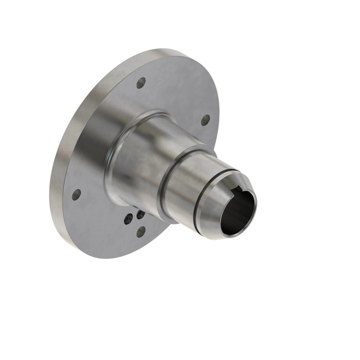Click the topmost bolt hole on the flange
[141, 83]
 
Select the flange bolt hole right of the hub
[205, 120]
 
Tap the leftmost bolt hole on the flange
[76, 194]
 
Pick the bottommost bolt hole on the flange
[141, 232]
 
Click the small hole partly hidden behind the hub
[140, 214]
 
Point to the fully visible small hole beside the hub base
[128, 219]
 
